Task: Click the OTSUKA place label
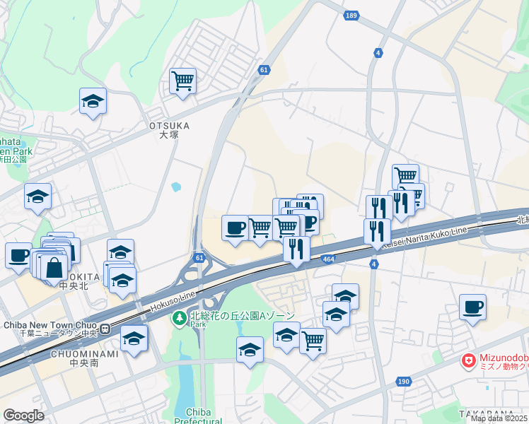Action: (x=170, y=126)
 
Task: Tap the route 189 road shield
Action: (x=352, y=16)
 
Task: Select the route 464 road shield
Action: (x=329, y=260)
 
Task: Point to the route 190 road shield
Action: (x=403, y=382)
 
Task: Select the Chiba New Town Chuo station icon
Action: (x=105, y=329)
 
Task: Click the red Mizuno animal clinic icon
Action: (x=468, y=361)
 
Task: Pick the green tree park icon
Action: (x=180, y=319)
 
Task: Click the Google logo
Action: (x=23, y=415)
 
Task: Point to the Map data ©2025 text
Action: (x=499, y=418)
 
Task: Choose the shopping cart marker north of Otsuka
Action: (x=182, y=81)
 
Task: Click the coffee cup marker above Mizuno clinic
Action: (x=472, y=307)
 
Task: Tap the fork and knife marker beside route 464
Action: (x=296, y=248)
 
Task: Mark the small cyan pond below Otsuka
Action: (x=175, y=187)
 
